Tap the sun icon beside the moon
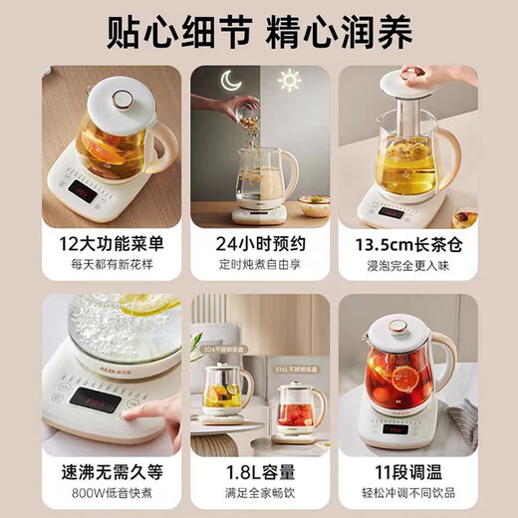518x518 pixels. click(x=290, y=82)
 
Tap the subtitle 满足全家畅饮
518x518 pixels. click(x=260, y=491)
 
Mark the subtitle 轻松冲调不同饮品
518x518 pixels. click(x=405, y=491)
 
